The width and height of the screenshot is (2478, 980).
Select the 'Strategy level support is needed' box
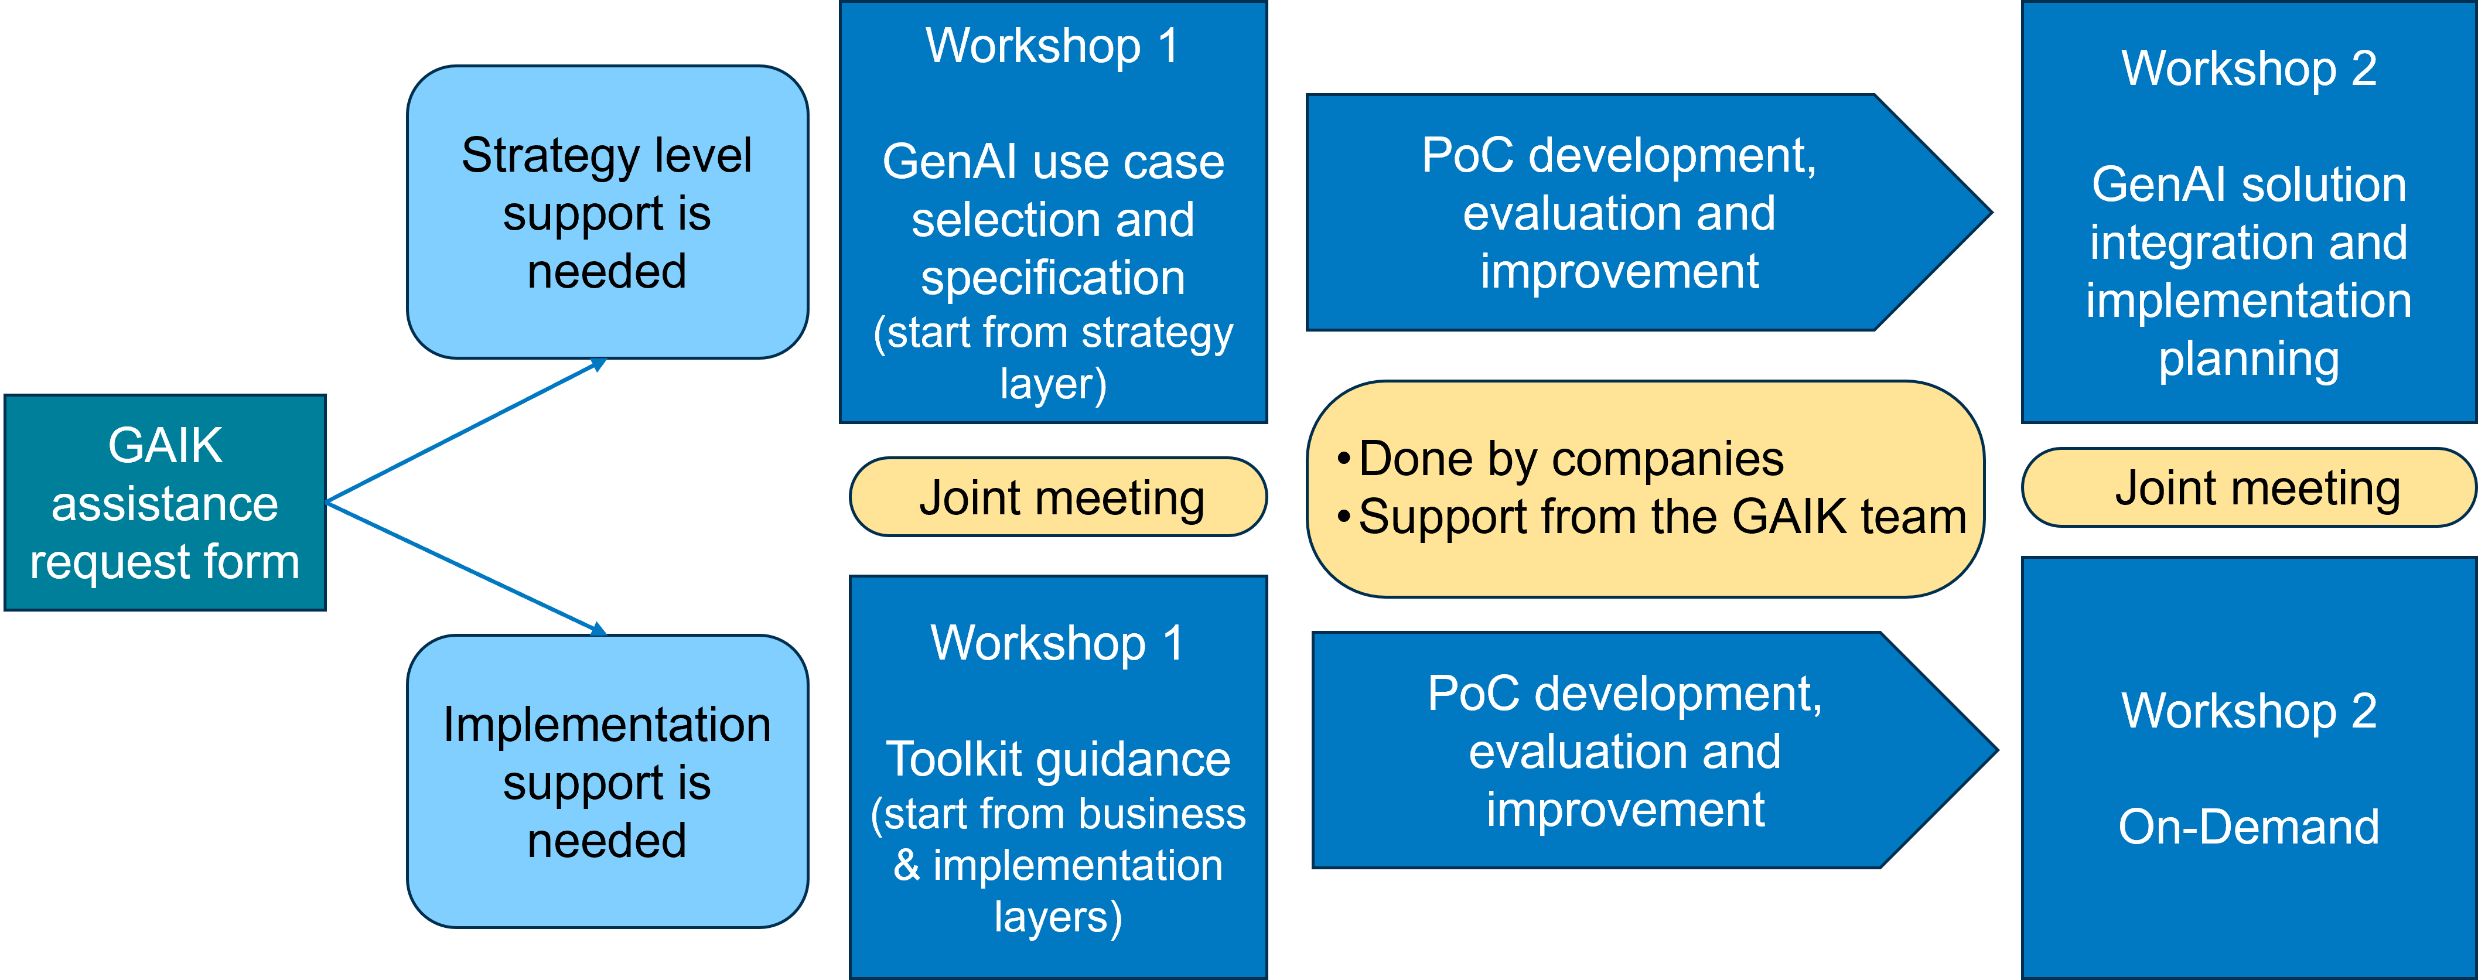607,213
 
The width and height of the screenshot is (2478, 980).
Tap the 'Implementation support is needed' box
607,781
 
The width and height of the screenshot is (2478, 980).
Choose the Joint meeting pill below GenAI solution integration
2249,487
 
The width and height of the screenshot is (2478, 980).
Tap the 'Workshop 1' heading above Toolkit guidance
1057,643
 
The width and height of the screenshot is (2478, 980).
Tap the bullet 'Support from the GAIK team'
1661,517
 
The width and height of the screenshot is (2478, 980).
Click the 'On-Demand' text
2248,827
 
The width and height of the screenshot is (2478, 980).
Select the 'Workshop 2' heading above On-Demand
2248,712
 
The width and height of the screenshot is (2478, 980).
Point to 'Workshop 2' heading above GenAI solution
2248,69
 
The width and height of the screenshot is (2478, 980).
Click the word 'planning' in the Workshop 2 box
2248,358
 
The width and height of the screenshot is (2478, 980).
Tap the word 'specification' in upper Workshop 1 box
1052,278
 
